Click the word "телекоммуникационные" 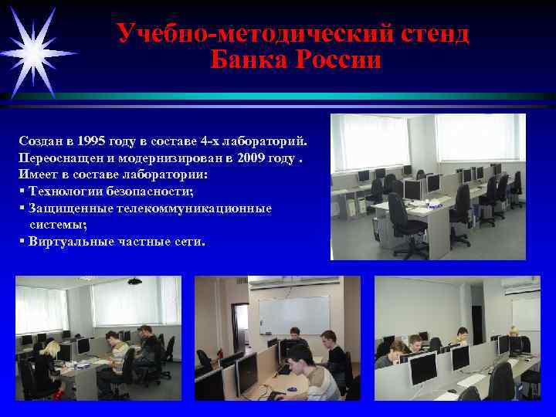[x=205, y=208]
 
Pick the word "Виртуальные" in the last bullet [x=68, y=241]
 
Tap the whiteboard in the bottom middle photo [x=293, y=314]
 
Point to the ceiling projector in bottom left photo [x=134, y=281]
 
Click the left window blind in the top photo [x=364, y=142]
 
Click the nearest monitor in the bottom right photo [x=422, y=369]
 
